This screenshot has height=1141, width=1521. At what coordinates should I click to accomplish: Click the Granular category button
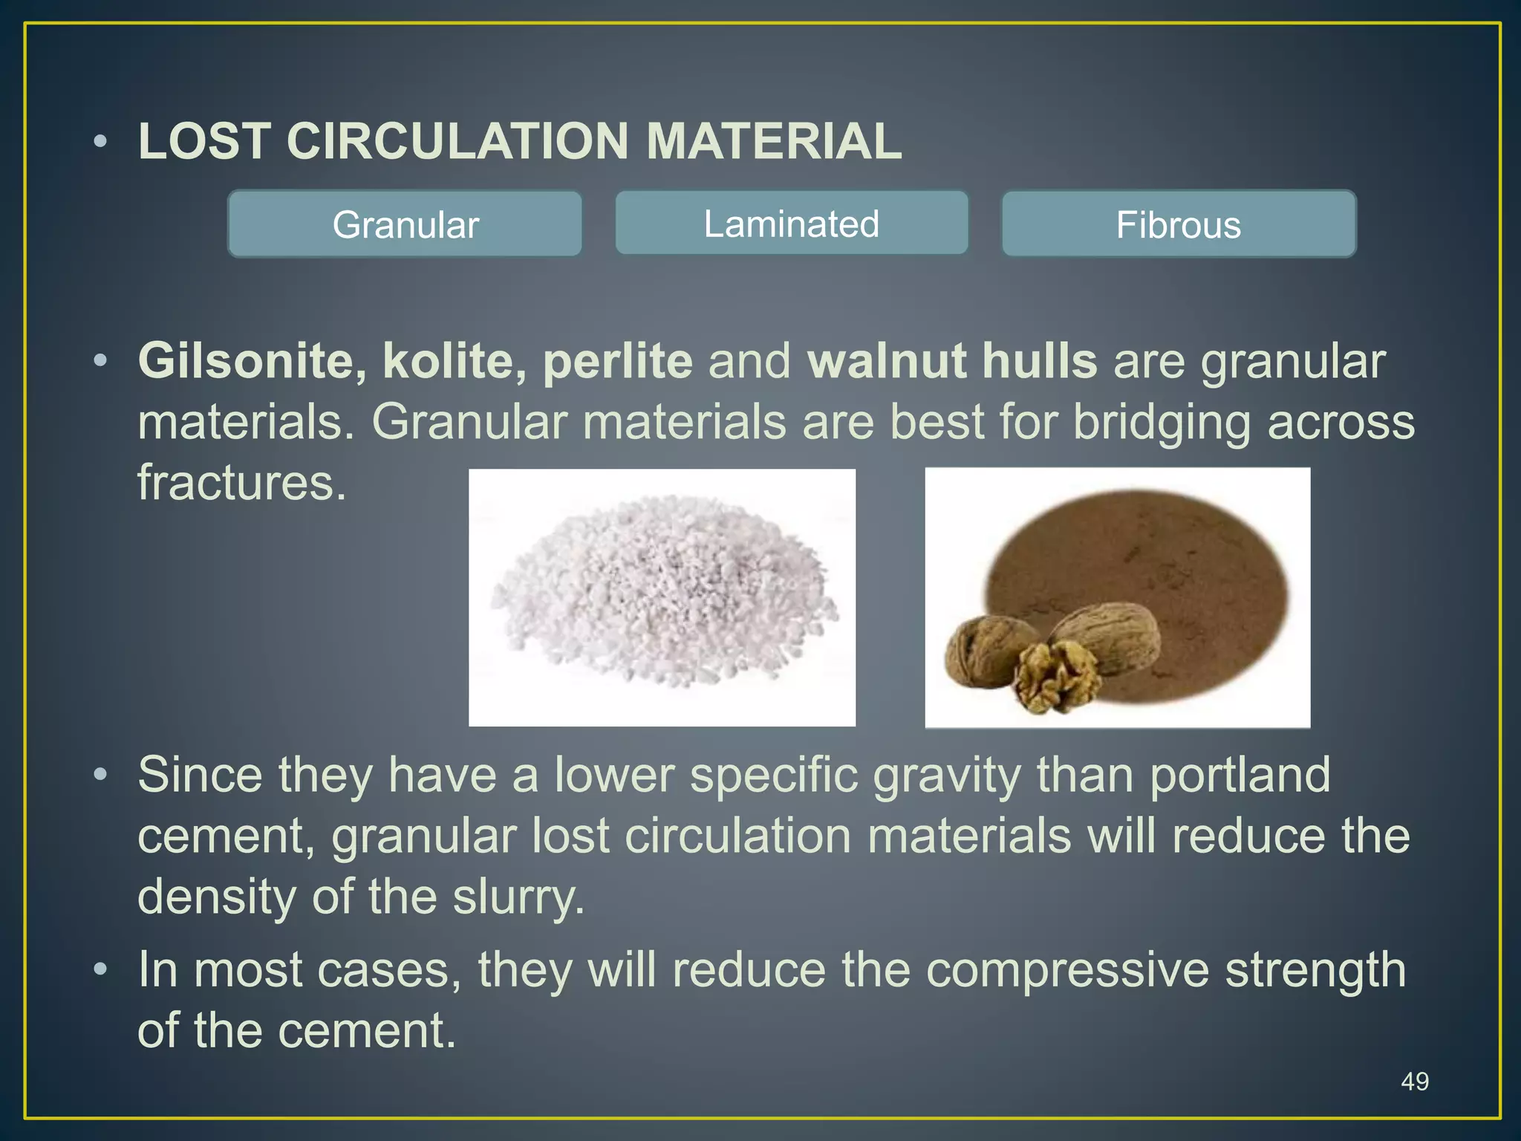tap(405, 224)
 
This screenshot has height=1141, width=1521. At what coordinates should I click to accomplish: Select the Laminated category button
tap(792, 224)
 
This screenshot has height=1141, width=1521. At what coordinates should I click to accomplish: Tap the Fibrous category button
tap(1179, 224)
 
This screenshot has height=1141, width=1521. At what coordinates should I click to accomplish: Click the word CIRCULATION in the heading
tap(457, 141)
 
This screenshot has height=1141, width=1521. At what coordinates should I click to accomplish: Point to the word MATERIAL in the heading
tap(774, 141)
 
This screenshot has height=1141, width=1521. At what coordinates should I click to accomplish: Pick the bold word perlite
tap(617, 363)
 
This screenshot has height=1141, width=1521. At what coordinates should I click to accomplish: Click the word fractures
tap(242, 483)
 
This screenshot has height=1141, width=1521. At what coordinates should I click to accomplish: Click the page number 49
tap(1414, 1081)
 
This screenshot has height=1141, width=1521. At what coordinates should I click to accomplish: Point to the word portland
tap(1240, 776)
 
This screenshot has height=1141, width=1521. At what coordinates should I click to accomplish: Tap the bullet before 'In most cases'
tap(101, 969)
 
